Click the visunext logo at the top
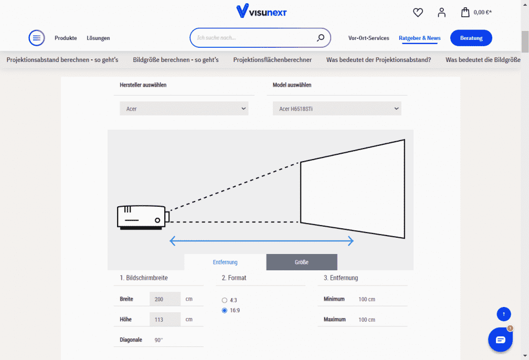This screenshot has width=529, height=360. (x=261, y=11)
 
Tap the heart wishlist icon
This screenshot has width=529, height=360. (x=418, y=13)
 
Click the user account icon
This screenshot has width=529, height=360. (x=442, y=13)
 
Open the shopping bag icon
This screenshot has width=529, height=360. (x=465, y=12)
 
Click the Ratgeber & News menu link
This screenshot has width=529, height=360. (x=420, y=38)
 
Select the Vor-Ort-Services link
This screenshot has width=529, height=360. (x=369, y=38)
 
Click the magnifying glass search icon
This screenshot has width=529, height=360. (x=321, y=38)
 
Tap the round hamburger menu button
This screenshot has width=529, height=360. (x=36, y=38)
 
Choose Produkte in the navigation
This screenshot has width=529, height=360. (x=66, y=38)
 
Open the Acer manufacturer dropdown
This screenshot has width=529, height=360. (x=184, y=109)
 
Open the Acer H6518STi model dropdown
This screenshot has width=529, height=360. (x=337, y=109)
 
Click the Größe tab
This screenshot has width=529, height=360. (x=302, y=262)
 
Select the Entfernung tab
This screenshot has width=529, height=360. (x=225, y=262)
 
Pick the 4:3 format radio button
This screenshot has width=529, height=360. (x=225, y=300)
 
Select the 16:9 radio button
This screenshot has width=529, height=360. (x=225, y=310)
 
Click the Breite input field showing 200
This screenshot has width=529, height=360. (x=165, y=299)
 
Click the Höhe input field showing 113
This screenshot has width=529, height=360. (x=165, y=320)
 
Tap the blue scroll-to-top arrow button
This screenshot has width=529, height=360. (x=504, y=314)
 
